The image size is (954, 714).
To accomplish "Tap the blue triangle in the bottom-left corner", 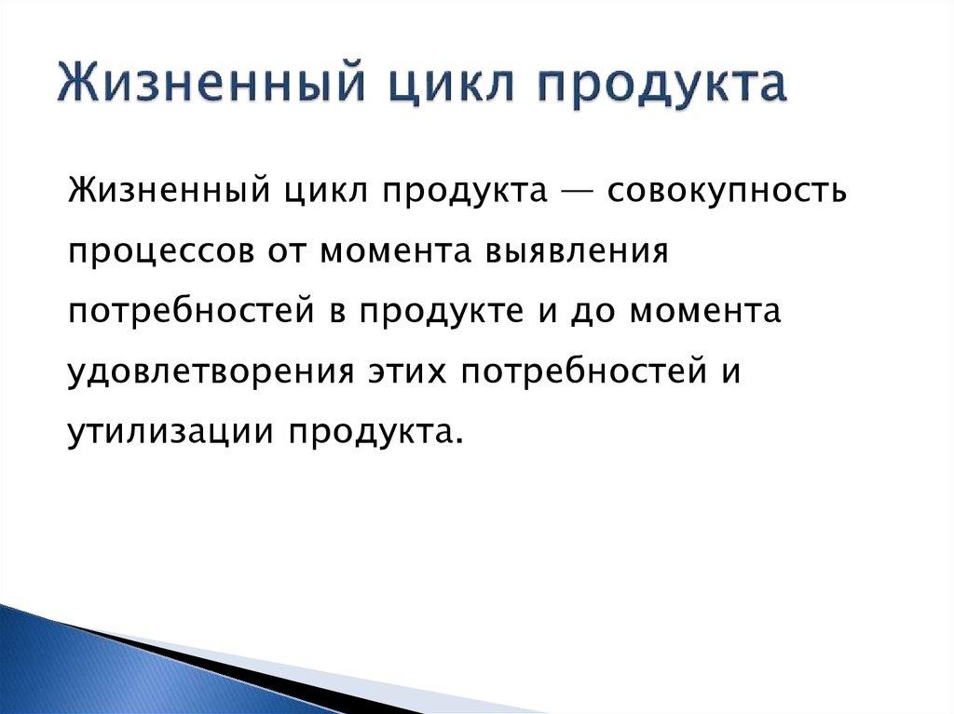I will point(56,670).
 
